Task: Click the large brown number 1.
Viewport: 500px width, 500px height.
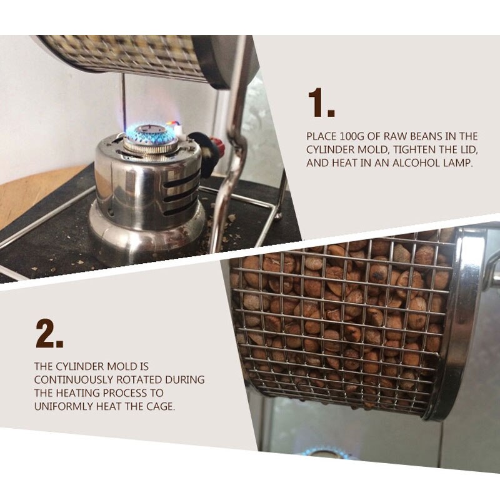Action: (x=321, y=102)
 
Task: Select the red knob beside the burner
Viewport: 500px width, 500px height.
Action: (x=217, y=147)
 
